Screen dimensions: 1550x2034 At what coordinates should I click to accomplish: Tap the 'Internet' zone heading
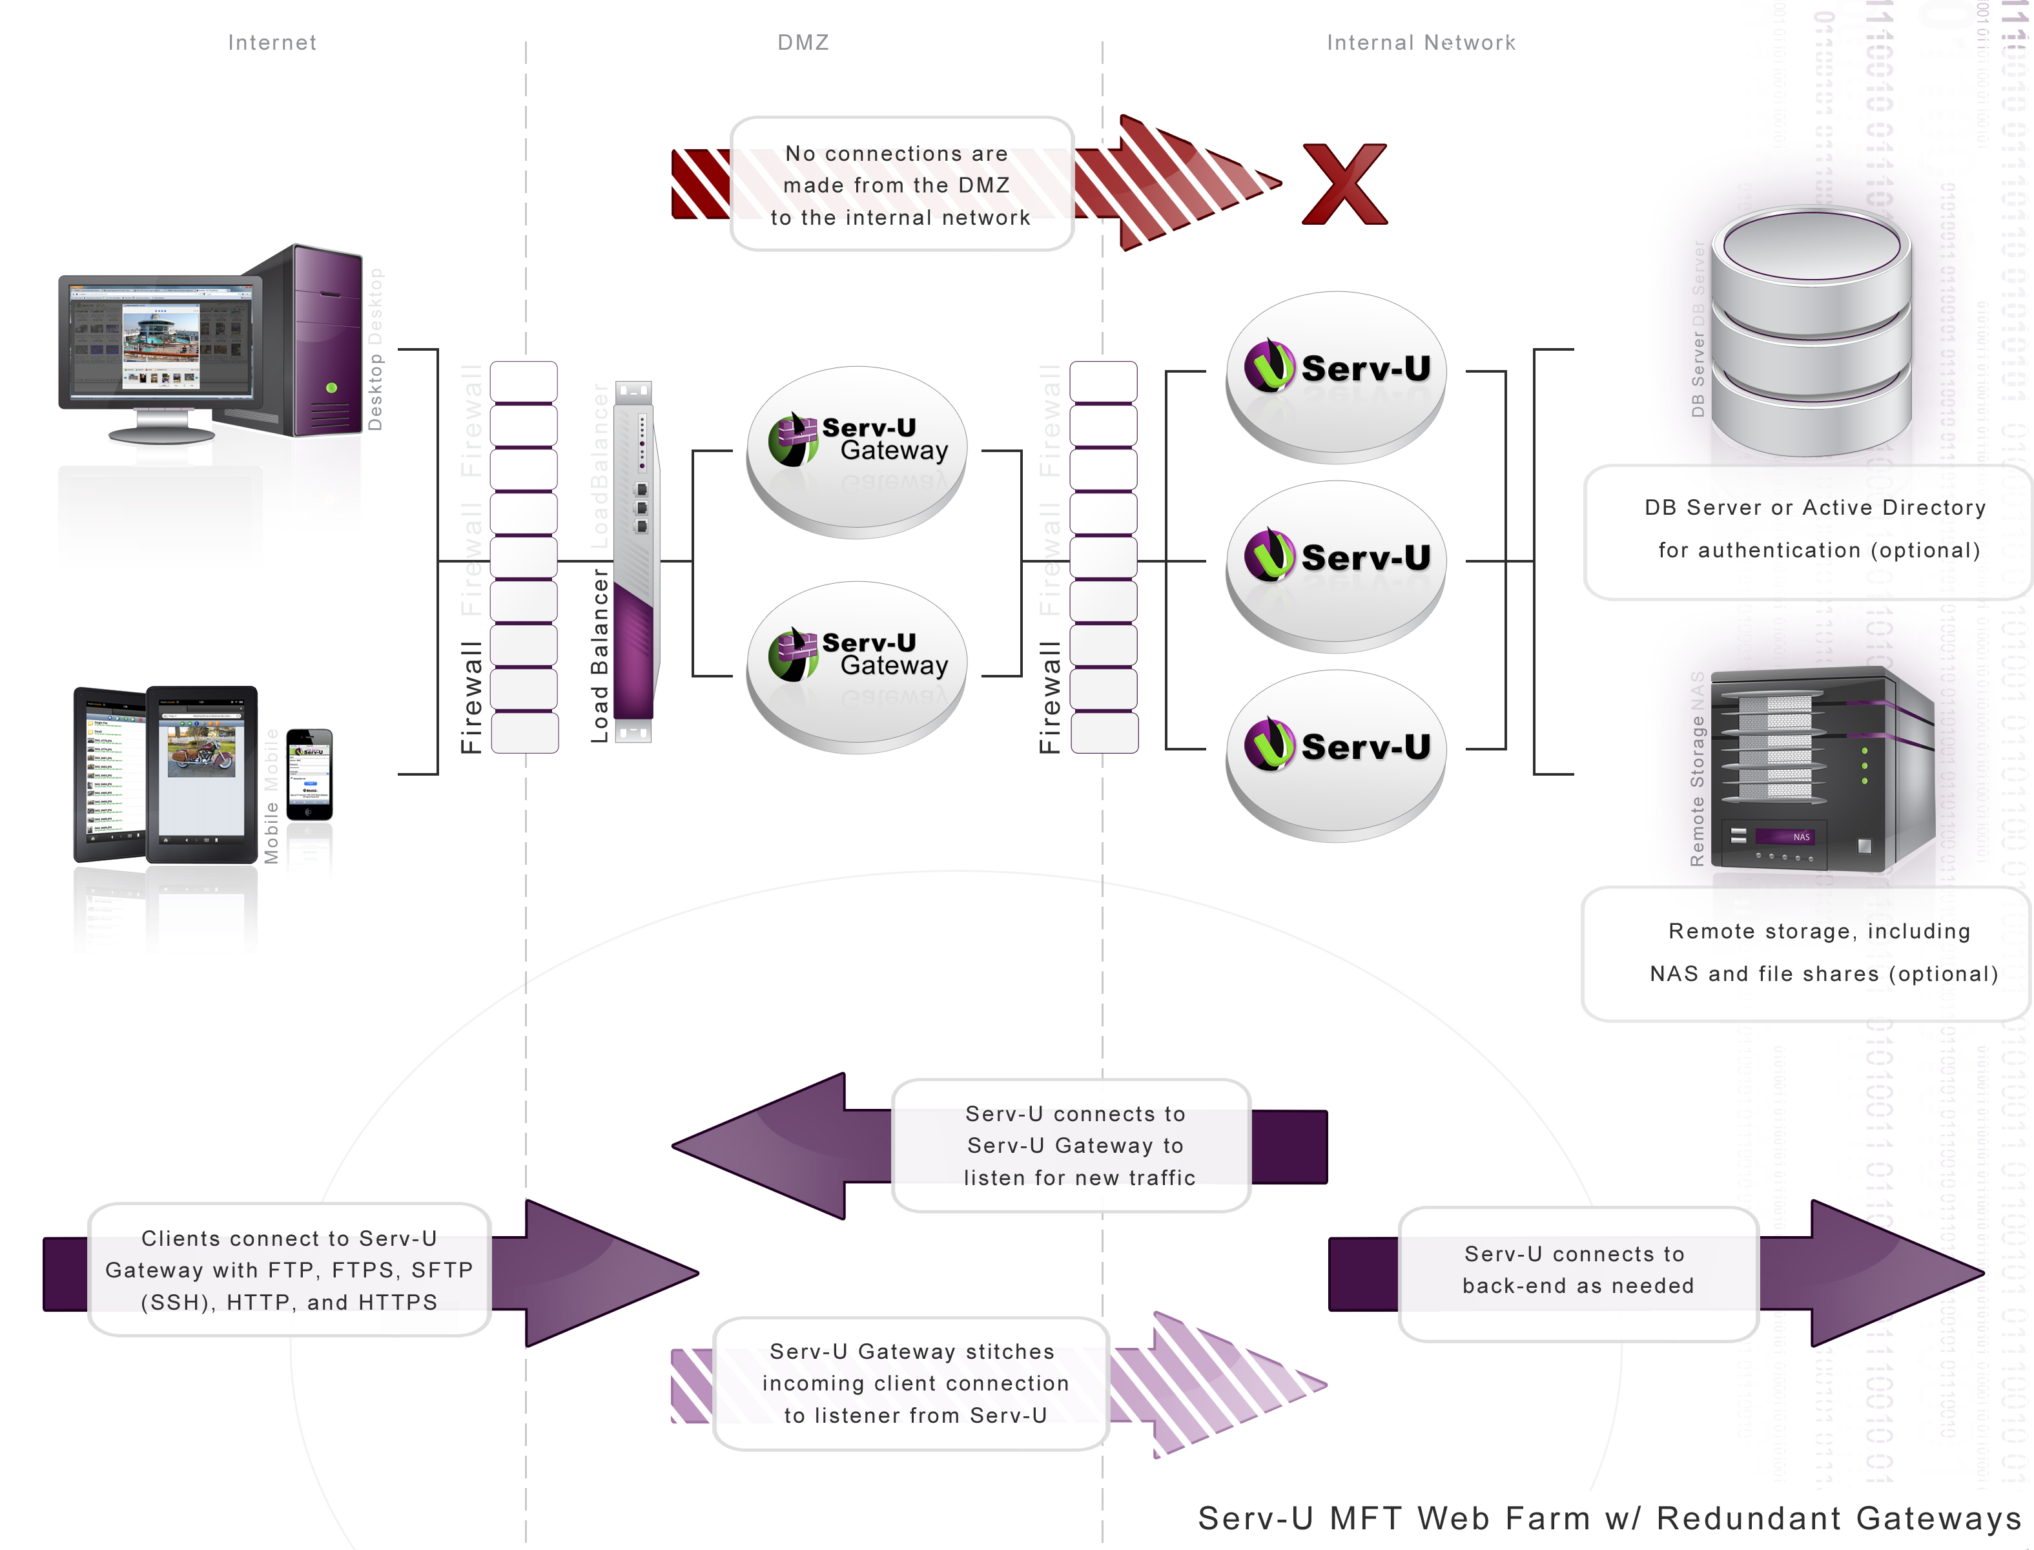point(272,43)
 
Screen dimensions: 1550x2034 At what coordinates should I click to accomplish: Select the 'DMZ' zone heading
point(803,43)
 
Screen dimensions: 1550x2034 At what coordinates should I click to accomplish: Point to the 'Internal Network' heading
point(1421,43)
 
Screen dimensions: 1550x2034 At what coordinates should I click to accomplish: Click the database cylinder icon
point(1811,332)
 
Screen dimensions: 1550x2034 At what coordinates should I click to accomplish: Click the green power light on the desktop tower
point(331,387)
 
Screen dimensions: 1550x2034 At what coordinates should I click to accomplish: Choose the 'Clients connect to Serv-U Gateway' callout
point(289,1270)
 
